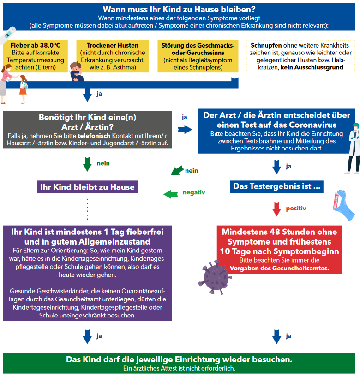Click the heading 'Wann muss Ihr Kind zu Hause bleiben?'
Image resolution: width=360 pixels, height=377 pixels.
click(179, 9)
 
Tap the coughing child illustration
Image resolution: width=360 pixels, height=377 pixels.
click(76, 72)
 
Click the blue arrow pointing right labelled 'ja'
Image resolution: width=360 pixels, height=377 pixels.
click(184, 130)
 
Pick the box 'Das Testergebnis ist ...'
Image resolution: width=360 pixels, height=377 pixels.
click(276, 186)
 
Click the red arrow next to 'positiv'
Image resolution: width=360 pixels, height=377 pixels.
click(276, 209)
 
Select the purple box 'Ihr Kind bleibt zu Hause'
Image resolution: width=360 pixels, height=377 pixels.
click(87, 187)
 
